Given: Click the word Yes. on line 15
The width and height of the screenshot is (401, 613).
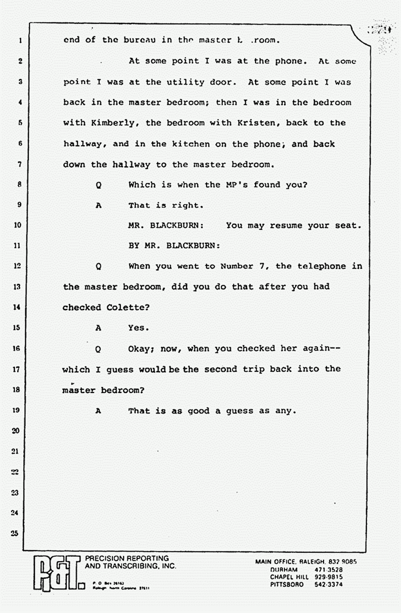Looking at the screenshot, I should click(x=138, y=328).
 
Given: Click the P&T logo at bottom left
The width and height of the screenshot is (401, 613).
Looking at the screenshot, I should click(x=55, y=572).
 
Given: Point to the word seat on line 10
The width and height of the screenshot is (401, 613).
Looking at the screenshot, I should click(x=349, y=226).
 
